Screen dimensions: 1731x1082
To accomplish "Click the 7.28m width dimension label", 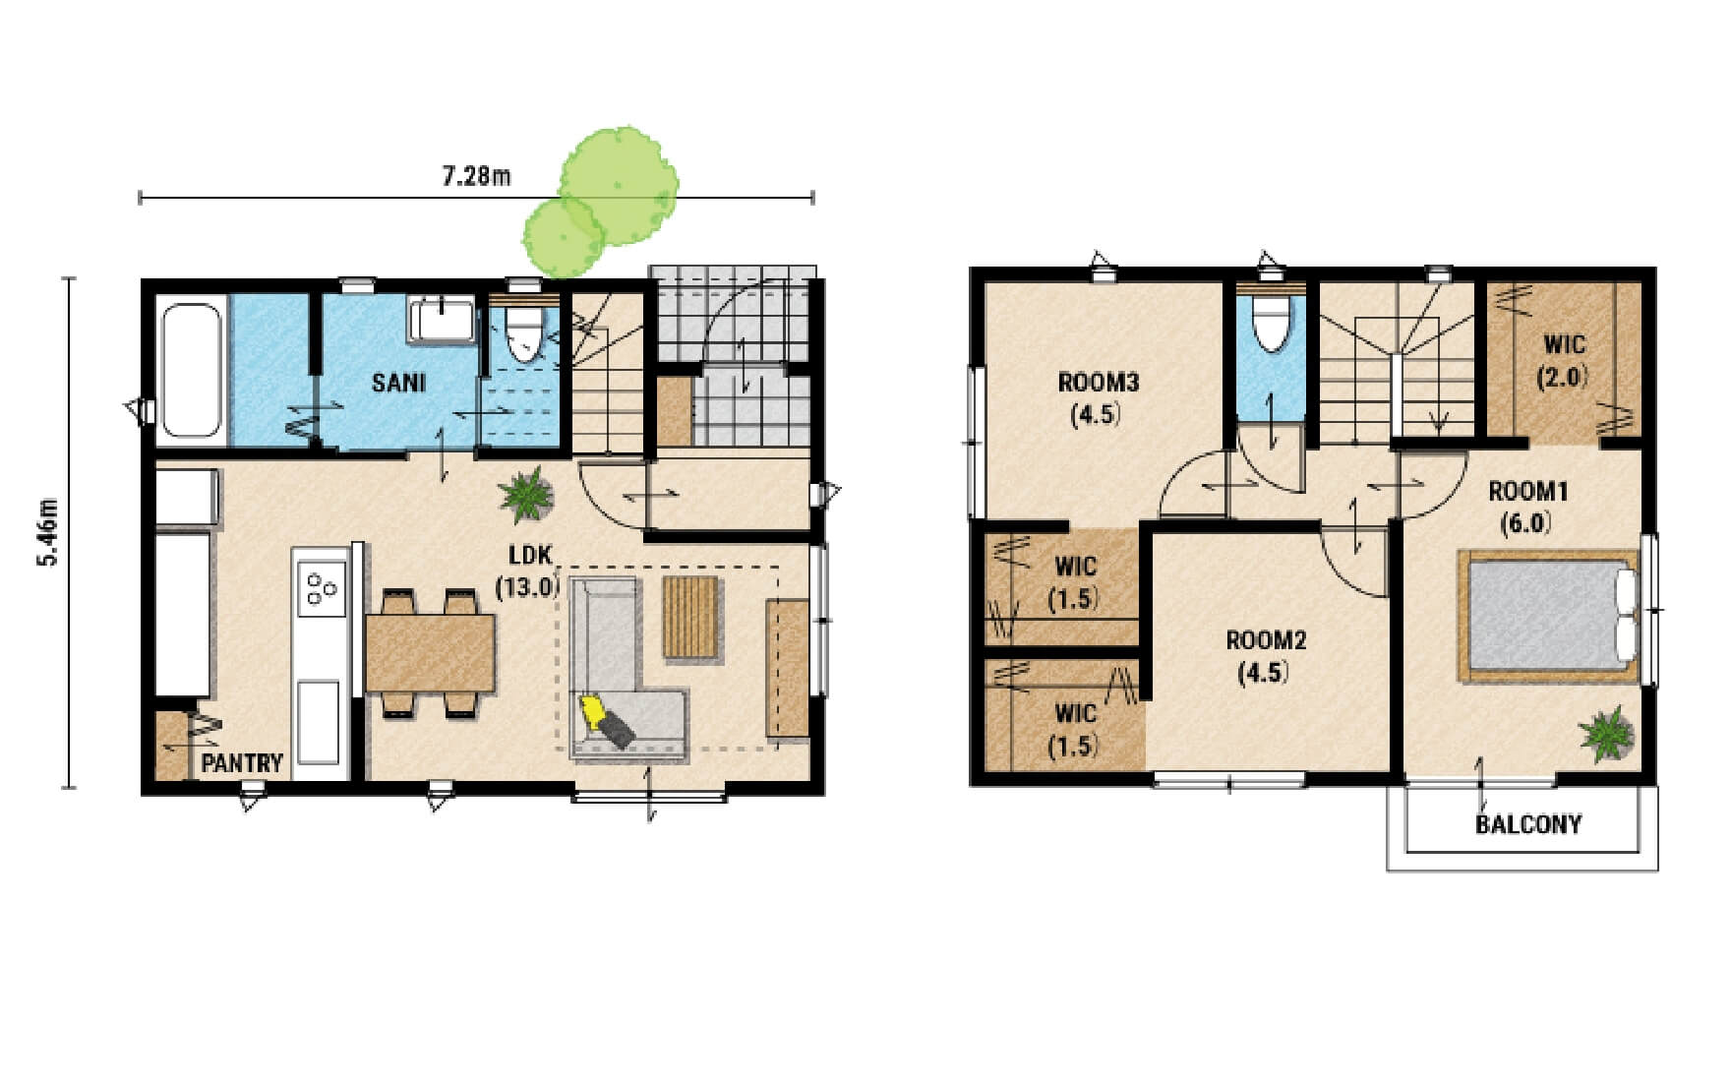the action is pos(476,176).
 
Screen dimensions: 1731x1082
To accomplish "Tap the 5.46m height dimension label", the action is pos(47,532).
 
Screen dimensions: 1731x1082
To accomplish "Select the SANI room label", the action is pos(398,382).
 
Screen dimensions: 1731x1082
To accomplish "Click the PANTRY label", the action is pos(242,762).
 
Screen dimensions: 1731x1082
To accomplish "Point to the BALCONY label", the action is pos(1528,824).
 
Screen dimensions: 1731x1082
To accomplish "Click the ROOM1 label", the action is pos(1527,491).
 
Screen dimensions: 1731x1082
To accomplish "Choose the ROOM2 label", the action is pos(1266,641).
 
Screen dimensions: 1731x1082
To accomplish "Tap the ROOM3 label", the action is pos(1098,382).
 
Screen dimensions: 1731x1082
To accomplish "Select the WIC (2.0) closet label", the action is pos(1564,360).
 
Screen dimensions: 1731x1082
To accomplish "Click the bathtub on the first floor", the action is pos(192,370).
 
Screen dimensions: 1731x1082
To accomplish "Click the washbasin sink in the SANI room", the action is pos(442,319).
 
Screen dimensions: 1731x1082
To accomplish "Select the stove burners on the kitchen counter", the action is pos(322,587).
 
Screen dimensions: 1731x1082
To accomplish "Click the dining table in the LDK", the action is pos(430,652).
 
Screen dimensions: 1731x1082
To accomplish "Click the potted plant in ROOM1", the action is pos(1606,732).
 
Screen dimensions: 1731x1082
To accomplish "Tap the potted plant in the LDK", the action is pos(527,494).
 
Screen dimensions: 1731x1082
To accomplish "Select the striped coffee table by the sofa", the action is pos(690,618).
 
